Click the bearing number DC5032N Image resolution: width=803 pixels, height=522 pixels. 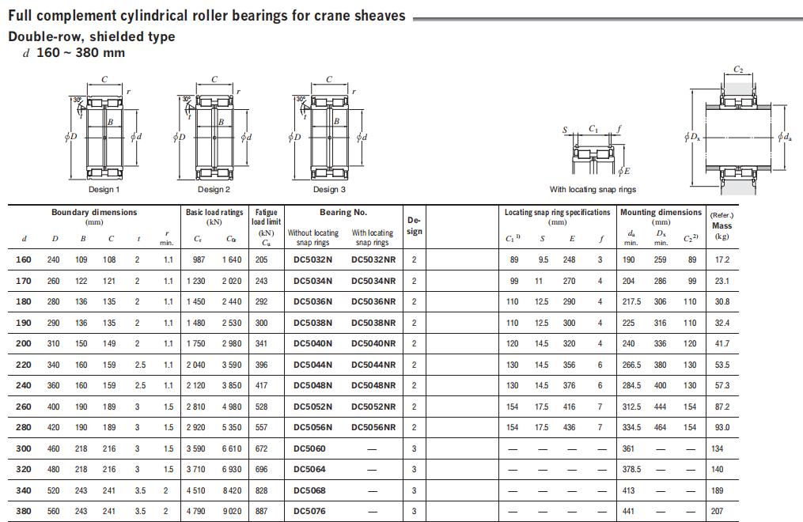312,259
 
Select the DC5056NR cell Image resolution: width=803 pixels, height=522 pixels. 373,427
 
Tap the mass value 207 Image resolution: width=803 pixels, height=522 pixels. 717,511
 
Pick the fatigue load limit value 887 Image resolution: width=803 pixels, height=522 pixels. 261,511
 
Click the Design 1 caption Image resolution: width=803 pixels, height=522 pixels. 104,189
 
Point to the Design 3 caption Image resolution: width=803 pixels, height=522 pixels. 329,189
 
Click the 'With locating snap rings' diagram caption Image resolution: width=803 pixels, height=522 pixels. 593,189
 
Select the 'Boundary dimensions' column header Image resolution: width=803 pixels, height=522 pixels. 94,213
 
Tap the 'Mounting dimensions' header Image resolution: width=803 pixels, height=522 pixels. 661,213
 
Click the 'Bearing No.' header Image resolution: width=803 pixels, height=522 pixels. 343,213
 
